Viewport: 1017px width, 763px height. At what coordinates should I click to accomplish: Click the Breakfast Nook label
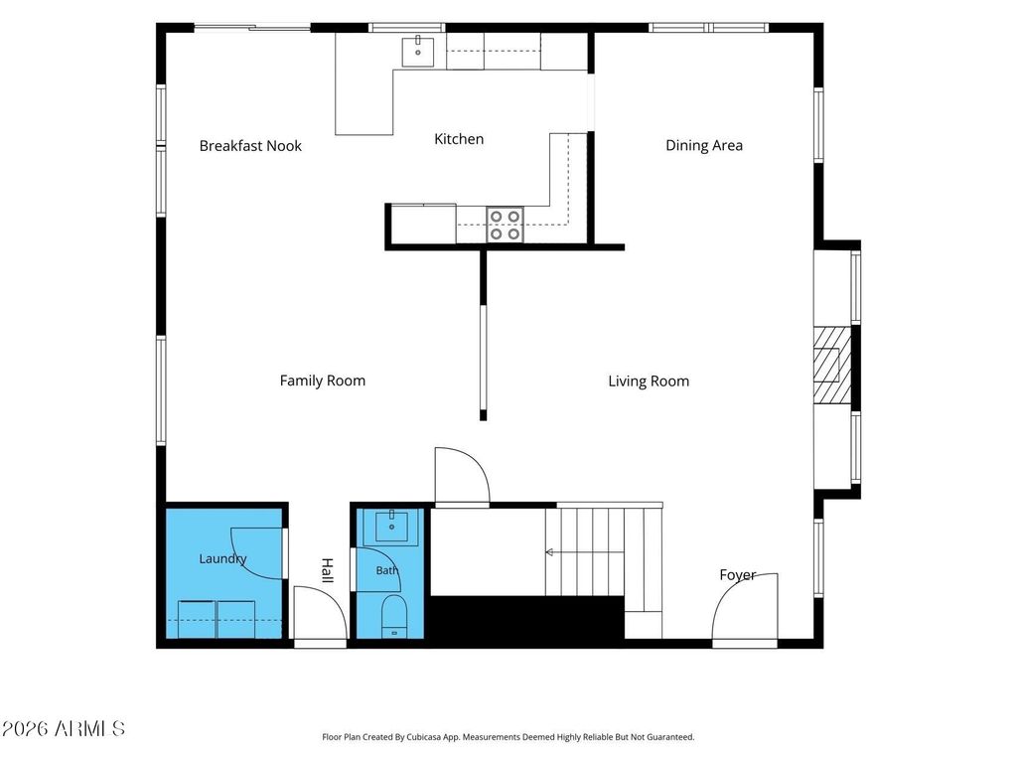coord(250,146)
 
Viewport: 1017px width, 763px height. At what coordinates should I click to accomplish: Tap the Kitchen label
coord(459,139)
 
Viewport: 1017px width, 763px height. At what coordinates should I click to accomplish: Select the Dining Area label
coord(704,145)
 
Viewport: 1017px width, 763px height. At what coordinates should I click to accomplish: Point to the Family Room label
coord(323,381)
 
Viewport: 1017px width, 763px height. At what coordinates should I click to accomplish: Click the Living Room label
coord(649,381)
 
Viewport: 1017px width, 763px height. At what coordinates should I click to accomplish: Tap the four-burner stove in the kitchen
coord(506,225)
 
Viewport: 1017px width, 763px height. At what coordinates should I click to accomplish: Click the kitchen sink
coord(418,52)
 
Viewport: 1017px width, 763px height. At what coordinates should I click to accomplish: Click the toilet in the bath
coord(393,616)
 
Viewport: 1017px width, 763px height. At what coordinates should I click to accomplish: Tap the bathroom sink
coord(391,528)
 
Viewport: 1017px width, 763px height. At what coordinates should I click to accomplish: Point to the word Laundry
coord(222,558)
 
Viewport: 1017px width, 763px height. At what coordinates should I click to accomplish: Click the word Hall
coord(328,570)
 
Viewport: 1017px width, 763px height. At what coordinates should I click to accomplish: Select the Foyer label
coord(738,575)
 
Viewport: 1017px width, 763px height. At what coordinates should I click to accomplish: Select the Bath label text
coord(386,570)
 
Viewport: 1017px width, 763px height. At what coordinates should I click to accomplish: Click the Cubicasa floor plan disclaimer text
coord(508,737)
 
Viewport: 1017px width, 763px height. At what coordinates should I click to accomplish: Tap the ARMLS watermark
coord(63,728)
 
